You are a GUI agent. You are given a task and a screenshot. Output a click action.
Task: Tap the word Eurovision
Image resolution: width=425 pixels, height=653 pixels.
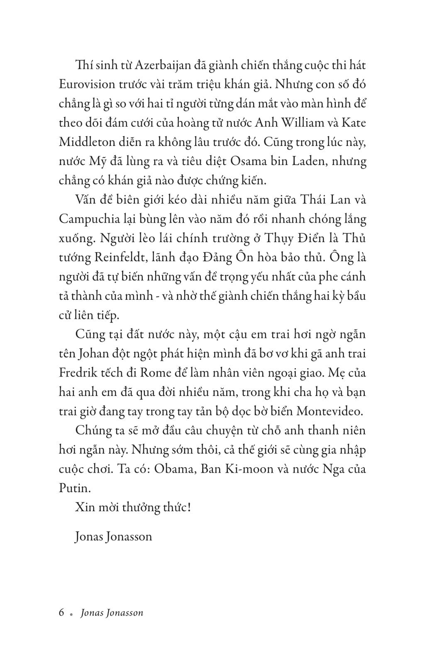coord(87,85)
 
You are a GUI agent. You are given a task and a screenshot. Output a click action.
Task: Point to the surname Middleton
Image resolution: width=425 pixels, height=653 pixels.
coord(87,142)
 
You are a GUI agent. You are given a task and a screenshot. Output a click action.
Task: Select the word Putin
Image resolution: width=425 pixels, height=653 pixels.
coord(74,488)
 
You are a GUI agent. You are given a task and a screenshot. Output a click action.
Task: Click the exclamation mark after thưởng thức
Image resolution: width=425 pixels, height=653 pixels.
coord(189,507)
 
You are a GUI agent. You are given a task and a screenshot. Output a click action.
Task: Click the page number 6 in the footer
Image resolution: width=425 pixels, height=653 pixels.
coord(61,612)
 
